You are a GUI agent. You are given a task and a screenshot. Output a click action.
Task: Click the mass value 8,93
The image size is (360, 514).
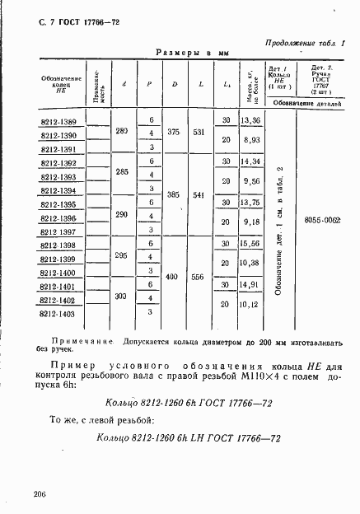(x=250, y=140)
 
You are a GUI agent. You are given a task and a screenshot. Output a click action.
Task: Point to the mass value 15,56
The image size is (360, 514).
(x=250, y=243)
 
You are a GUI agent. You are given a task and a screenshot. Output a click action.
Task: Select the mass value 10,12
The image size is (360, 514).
(x=250, y=304)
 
